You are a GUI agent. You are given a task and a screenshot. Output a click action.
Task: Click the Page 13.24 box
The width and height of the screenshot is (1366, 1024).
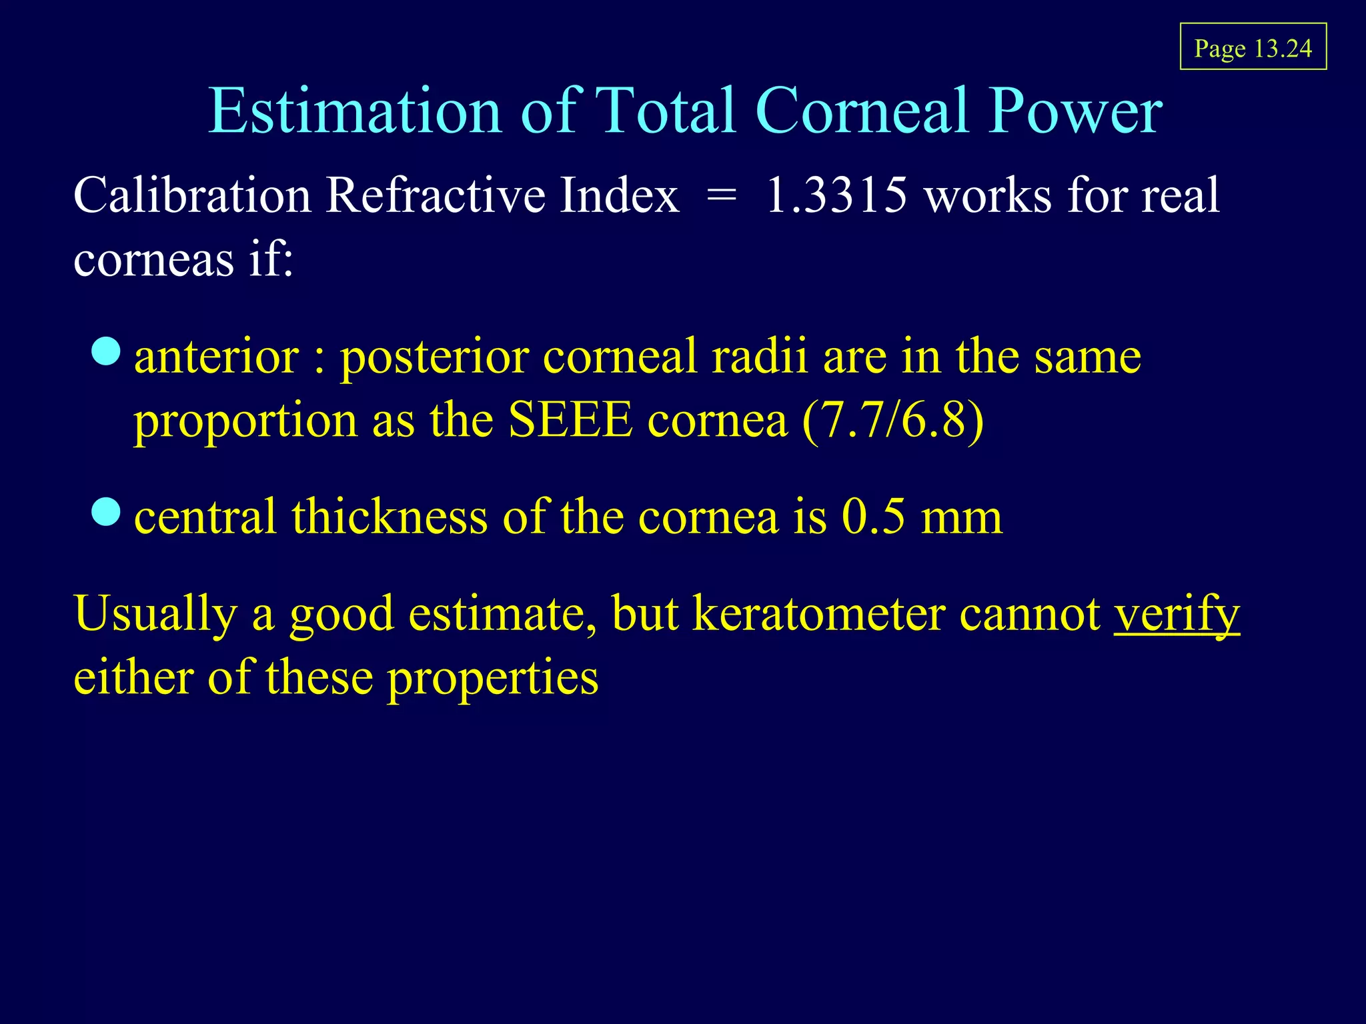click(1253, 47)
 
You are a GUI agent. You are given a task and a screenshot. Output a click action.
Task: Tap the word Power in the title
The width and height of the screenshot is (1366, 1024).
click(1075, 111)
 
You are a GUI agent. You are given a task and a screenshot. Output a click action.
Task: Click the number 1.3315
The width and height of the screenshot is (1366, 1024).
click(836, 195)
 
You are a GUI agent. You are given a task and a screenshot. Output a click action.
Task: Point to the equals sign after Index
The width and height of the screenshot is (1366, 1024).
click(722, 197)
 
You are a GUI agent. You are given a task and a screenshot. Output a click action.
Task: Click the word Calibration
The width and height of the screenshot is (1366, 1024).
click(192, 195)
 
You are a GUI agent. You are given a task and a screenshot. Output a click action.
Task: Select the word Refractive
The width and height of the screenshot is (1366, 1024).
click(435, 195)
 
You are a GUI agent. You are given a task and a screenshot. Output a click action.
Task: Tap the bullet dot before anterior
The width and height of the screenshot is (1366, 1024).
click(106, 351)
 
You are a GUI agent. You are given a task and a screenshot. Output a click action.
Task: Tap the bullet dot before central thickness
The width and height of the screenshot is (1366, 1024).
click(106, 511)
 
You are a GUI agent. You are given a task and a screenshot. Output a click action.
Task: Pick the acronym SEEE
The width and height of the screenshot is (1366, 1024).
click(570, 421)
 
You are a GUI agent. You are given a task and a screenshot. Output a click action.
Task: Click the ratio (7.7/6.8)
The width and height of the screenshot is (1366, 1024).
click(892, 421)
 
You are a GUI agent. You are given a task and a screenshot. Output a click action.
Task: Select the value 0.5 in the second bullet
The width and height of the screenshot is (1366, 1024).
click(872, 517)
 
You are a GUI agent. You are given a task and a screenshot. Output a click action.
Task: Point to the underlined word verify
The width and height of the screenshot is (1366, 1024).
click(1177, 613)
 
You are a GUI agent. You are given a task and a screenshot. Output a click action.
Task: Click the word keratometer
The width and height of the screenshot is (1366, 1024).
click(818, 613)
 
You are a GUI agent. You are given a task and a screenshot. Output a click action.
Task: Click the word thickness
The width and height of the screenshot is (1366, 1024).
click(390, 517)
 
